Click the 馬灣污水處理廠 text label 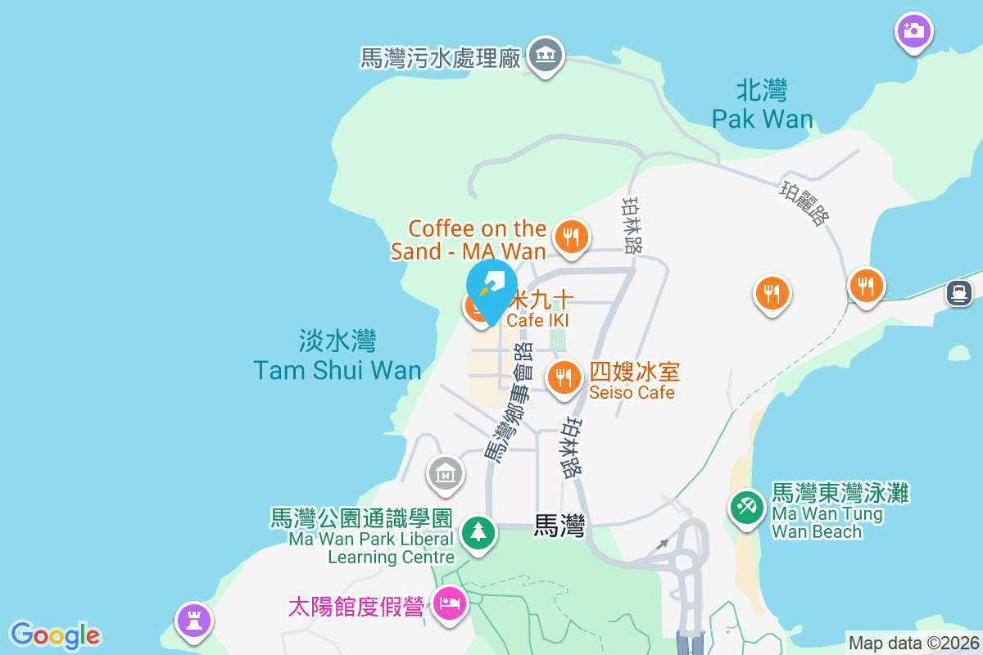(x=441, y=58)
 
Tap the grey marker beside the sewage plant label (x=544, y=56)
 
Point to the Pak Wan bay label (x=762, y=105)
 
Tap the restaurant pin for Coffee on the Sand (x=571, y=237)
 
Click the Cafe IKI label (x=538, y=320)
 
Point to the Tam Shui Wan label (x=337, y=355)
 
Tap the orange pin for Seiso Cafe (x=563, y=377)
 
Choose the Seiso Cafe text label (x=633, y=382)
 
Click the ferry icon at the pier (x=958, y=291)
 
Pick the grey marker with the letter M (x=445, y=472)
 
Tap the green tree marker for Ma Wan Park (x=478, y=533)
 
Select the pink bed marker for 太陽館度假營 (x=450, y=605)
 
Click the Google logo (x=56, y=635)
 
